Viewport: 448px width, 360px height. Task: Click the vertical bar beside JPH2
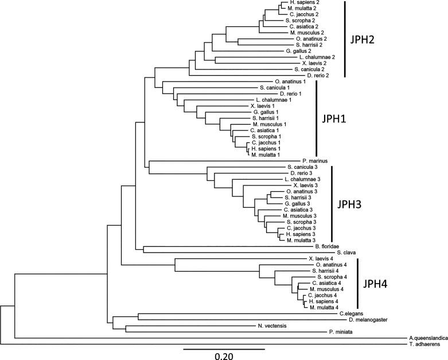pos(346,39)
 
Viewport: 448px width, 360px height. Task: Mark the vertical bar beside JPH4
pos(357,283)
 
